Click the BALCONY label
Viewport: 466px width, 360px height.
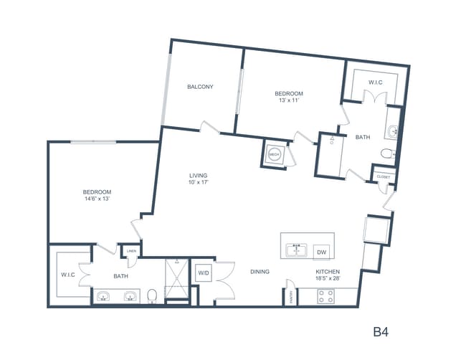click(x=200, y=87)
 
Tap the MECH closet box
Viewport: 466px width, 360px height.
click(x=274, y=153)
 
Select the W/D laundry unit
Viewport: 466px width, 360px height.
click(x=203, y=273)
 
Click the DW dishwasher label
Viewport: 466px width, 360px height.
click(x=321, y=252)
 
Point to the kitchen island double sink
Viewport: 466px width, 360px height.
click(x=295, y=251)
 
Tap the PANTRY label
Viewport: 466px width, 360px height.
click(x=291, y=297)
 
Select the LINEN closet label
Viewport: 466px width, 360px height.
click(x=131, y=251)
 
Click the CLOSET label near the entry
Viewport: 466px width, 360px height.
click(x=383, y=176)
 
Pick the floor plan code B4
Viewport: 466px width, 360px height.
click(x=381, y=332)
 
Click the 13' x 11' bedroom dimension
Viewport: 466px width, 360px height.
click(x=289, y=101)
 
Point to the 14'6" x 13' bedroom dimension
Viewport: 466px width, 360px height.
click(x=96, y=199)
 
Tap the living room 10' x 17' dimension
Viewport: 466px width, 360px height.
click(x=198, y=181)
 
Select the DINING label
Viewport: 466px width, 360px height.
click(x=260, y=272)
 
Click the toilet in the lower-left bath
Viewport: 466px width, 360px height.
click(x=152, y=295)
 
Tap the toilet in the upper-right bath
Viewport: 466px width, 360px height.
click(x=387, y=153)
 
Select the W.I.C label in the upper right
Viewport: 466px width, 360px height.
click(x=376, y=83)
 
